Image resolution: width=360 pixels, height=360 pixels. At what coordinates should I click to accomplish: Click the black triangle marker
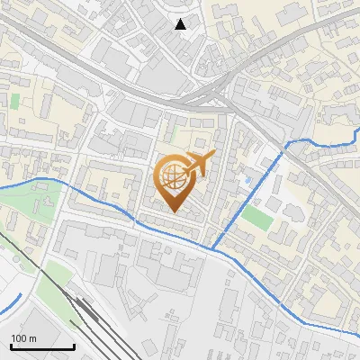pos(181,24)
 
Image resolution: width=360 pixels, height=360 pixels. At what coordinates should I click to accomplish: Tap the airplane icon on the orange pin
pos(200,163)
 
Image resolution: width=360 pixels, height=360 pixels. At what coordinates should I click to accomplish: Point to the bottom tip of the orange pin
pos(173,212)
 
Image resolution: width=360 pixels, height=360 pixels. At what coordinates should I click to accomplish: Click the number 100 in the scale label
pos(19,337)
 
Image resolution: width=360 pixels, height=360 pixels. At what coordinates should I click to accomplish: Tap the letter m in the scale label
pos(32,337)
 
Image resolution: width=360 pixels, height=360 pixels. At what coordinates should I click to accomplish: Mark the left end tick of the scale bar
pos(11,346)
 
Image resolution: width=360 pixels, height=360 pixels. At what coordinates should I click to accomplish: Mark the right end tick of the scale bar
pos(74,346)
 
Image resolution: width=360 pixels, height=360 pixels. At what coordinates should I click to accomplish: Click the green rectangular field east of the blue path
pos(257,218)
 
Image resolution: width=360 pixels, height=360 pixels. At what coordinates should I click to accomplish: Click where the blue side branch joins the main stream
pos(213,247)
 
